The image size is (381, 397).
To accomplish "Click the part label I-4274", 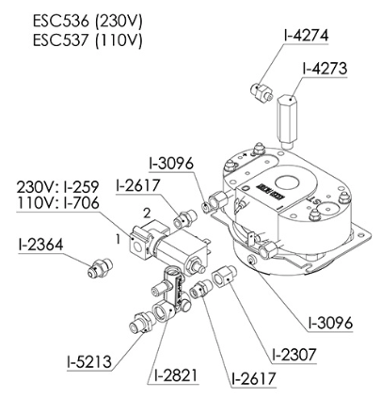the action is (306, 36).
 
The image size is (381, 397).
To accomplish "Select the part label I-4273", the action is (325, 69).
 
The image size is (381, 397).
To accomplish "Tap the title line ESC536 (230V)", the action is (87, 21).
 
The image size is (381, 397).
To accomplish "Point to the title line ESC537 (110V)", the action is (87, 40).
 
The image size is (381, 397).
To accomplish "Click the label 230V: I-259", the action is (57, 187).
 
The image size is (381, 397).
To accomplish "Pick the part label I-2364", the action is (40, 245).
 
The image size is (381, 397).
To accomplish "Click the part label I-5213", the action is (89, 361).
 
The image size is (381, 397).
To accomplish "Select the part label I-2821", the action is (176, 374).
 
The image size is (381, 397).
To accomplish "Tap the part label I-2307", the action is (294, 355).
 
